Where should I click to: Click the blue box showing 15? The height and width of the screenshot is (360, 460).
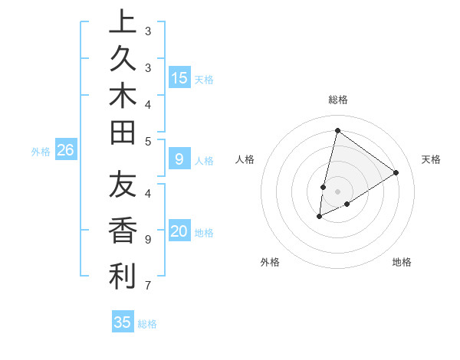pyautogui.click(x=179, y=78)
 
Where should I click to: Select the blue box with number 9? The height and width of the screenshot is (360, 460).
pyautogui.click(x=179, y=159)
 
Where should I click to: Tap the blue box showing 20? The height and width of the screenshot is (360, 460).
pyautogui.click(x=179, y=232)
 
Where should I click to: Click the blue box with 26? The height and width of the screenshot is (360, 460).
pyautogui.click(x=66, y=151)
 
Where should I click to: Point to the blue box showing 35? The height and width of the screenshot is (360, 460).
pyautogui.click(x=123, y=322)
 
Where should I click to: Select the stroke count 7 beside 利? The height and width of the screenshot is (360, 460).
pyautogui.click(x=148, y=286)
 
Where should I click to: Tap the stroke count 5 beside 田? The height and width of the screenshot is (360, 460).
pyautogui.click(x=148, y=141)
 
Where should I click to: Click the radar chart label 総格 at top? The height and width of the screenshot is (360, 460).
pyautogui.click(x=337, y=100)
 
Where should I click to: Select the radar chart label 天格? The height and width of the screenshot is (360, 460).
pyautogui.click(x=431, y=159)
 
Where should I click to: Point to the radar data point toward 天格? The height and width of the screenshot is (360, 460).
pyautogui.click(x=396, y=172)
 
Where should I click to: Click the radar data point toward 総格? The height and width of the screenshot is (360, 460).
pyautogui.click(x=337, y=130)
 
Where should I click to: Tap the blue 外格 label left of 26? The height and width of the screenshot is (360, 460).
pyautogui.click(x=41, y=152)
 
